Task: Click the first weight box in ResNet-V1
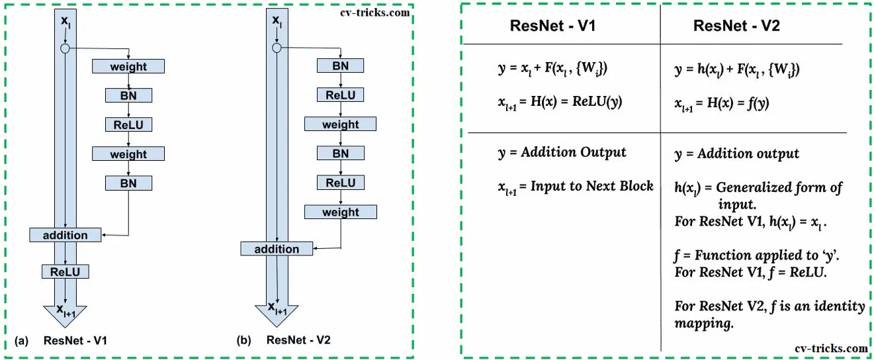click(128, 66)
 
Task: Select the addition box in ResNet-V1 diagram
click(65, 235)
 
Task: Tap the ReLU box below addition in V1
click(65, 271)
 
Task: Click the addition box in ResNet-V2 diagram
click(277, 249)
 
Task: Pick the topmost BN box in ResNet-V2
click(340, 66)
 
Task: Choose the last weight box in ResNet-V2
click(340, 212)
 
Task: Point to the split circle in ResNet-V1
click(65, 48)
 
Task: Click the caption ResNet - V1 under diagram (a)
click(75, 341)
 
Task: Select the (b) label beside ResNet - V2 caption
click(243, 341)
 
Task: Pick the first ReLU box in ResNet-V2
click(340, 95)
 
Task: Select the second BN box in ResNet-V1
click(128, 183)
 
